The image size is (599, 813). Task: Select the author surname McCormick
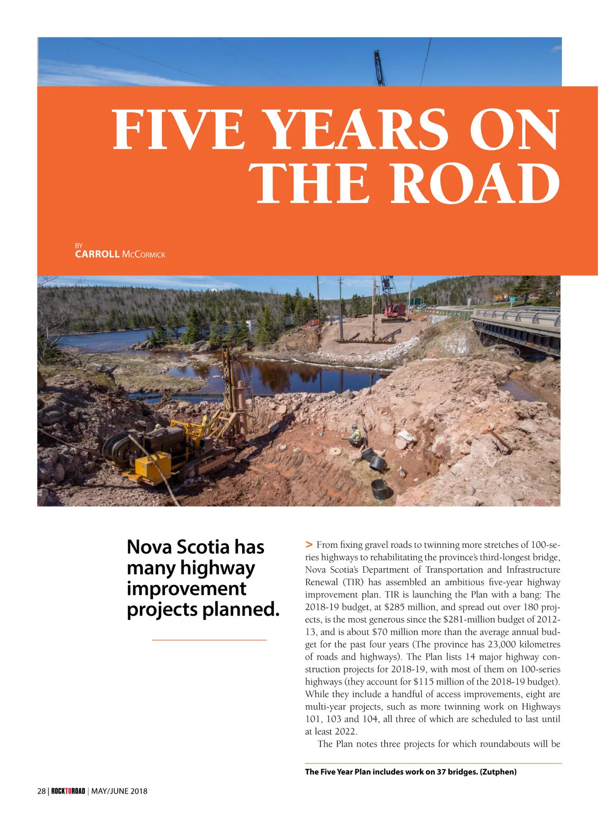tap(143, 255)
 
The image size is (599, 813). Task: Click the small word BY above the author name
tap(79, 246)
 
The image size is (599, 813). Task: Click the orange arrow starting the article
tap(309, 544)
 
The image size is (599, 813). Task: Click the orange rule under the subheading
tap(209, 640)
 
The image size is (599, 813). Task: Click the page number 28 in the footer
tap(41, 791)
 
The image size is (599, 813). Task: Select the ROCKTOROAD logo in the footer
tap(68, 791)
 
